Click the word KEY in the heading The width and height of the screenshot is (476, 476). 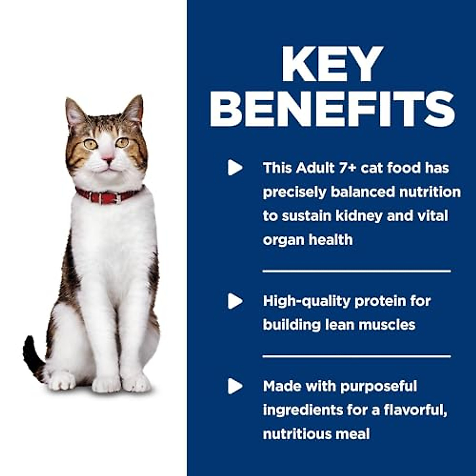pyautogui.click(x=332, y=65)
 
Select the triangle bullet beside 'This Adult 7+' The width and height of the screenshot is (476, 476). pyautogui.click(x=235, y=168)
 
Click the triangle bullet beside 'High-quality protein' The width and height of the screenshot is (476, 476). pyautogui.click(x=235, y=301)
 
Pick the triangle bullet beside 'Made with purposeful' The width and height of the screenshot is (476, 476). pyautogui.click(x=235, y=386)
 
